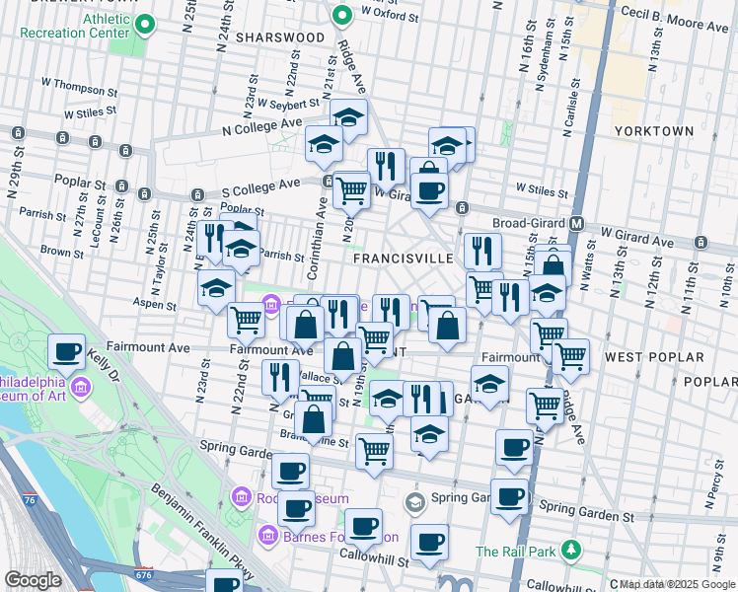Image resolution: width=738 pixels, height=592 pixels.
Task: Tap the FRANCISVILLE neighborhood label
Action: tap(403, 258)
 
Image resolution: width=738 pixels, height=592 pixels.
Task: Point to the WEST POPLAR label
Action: tap(654, 356)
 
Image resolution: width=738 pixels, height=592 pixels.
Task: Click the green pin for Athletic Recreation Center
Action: tap(145, 23)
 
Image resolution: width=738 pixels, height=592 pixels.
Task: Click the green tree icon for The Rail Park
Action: tap(569, 549)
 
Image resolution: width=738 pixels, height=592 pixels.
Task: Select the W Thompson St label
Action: tap(80, 85)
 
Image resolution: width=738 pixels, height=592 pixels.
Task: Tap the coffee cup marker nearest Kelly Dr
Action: tap(68, 351)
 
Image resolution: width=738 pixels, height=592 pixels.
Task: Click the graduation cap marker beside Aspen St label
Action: tap(217, 289)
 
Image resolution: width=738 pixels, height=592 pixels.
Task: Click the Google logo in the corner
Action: tap(33, 580)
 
